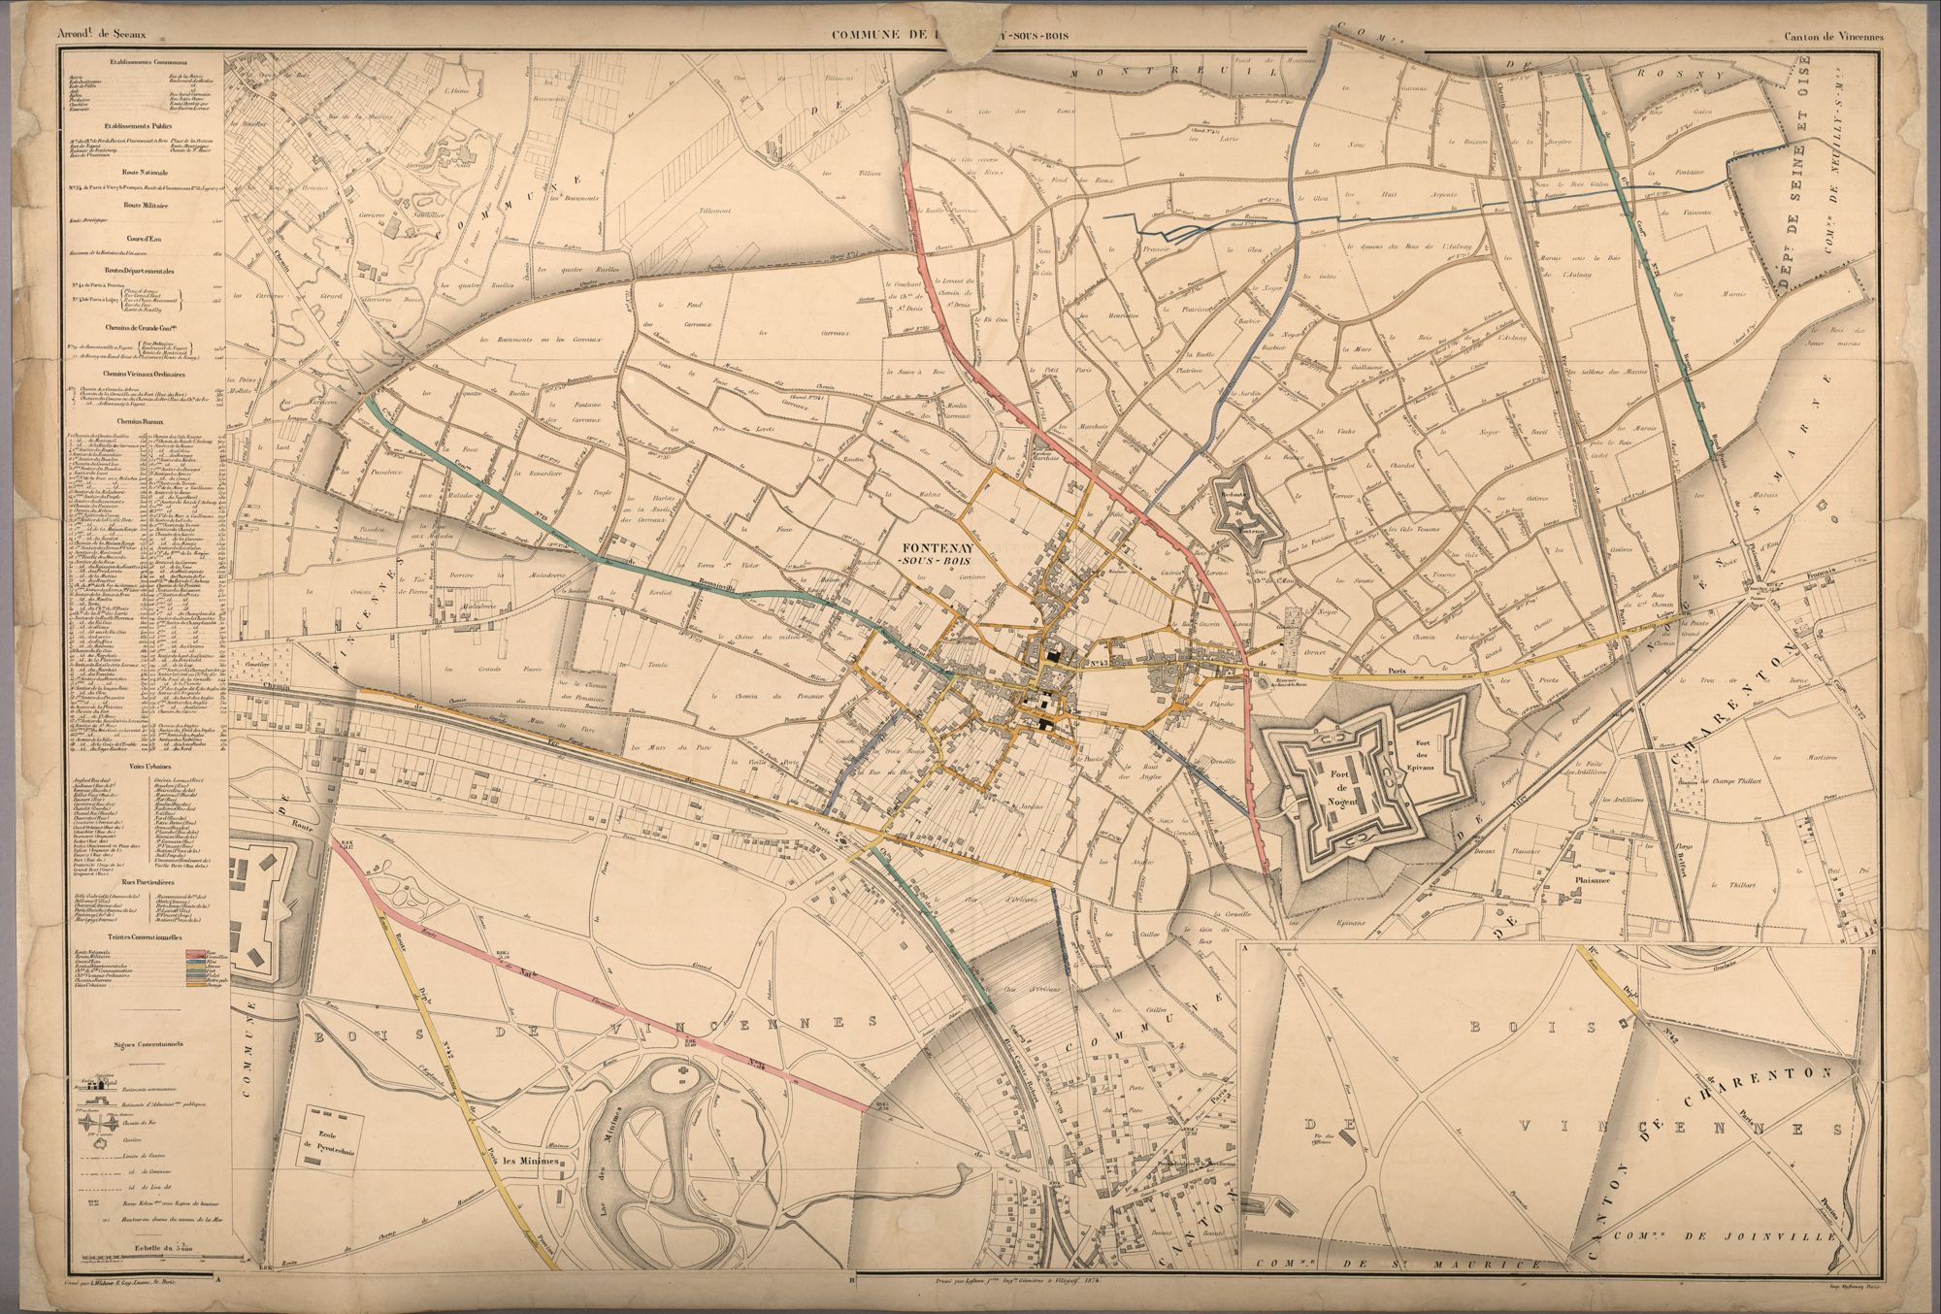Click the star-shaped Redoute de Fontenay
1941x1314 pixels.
[x=1247, y=512]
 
